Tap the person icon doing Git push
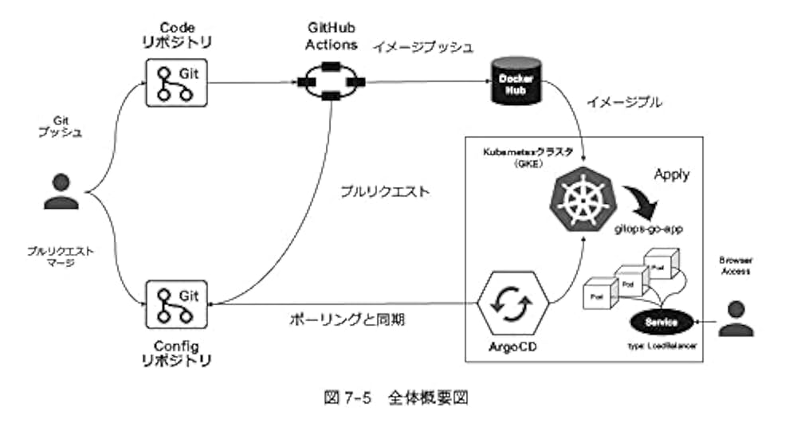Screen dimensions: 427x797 click(61, 190)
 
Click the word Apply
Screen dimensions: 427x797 click(672, 173)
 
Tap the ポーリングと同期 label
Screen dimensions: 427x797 click(347, 319)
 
